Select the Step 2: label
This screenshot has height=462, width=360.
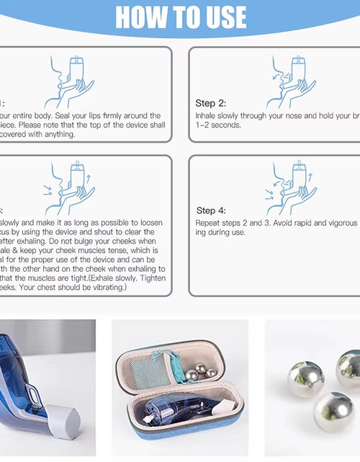pyautogui.click(x=210, y=103)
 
